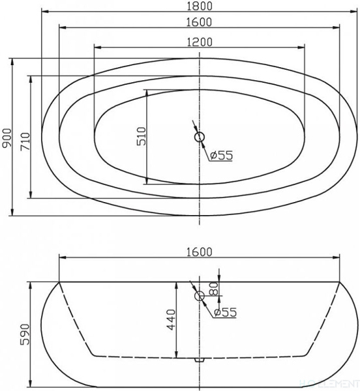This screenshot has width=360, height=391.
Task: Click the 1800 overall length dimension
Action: [200, 6]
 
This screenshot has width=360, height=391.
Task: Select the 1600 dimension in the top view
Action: [200, 22]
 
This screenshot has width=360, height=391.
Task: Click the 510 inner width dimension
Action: [142, 136]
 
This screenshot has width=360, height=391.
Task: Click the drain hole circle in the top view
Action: [200, 138]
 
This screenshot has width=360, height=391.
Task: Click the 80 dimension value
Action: [213, 287]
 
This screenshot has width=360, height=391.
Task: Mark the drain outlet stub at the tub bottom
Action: [200, 358]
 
